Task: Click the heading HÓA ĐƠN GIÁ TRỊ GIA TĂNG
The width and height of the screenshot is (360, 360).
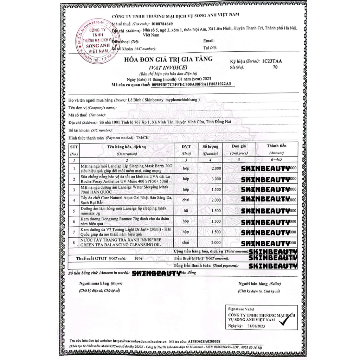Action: (x=168, y=59)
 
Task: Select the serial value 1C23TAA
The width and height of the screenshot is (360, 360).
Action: (x=272, y=61)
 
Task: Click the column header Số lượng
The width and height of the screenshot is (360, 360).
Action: (x=210, y=146)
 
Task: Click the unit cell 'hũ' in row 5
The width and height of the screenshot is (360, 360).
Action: (x=186, y=211)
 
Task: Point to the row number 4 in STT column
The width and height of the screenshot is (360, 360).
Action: (x=74, y=200)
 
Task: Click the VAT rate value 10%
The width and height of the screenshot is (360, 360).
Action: (x=138, y=258)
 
